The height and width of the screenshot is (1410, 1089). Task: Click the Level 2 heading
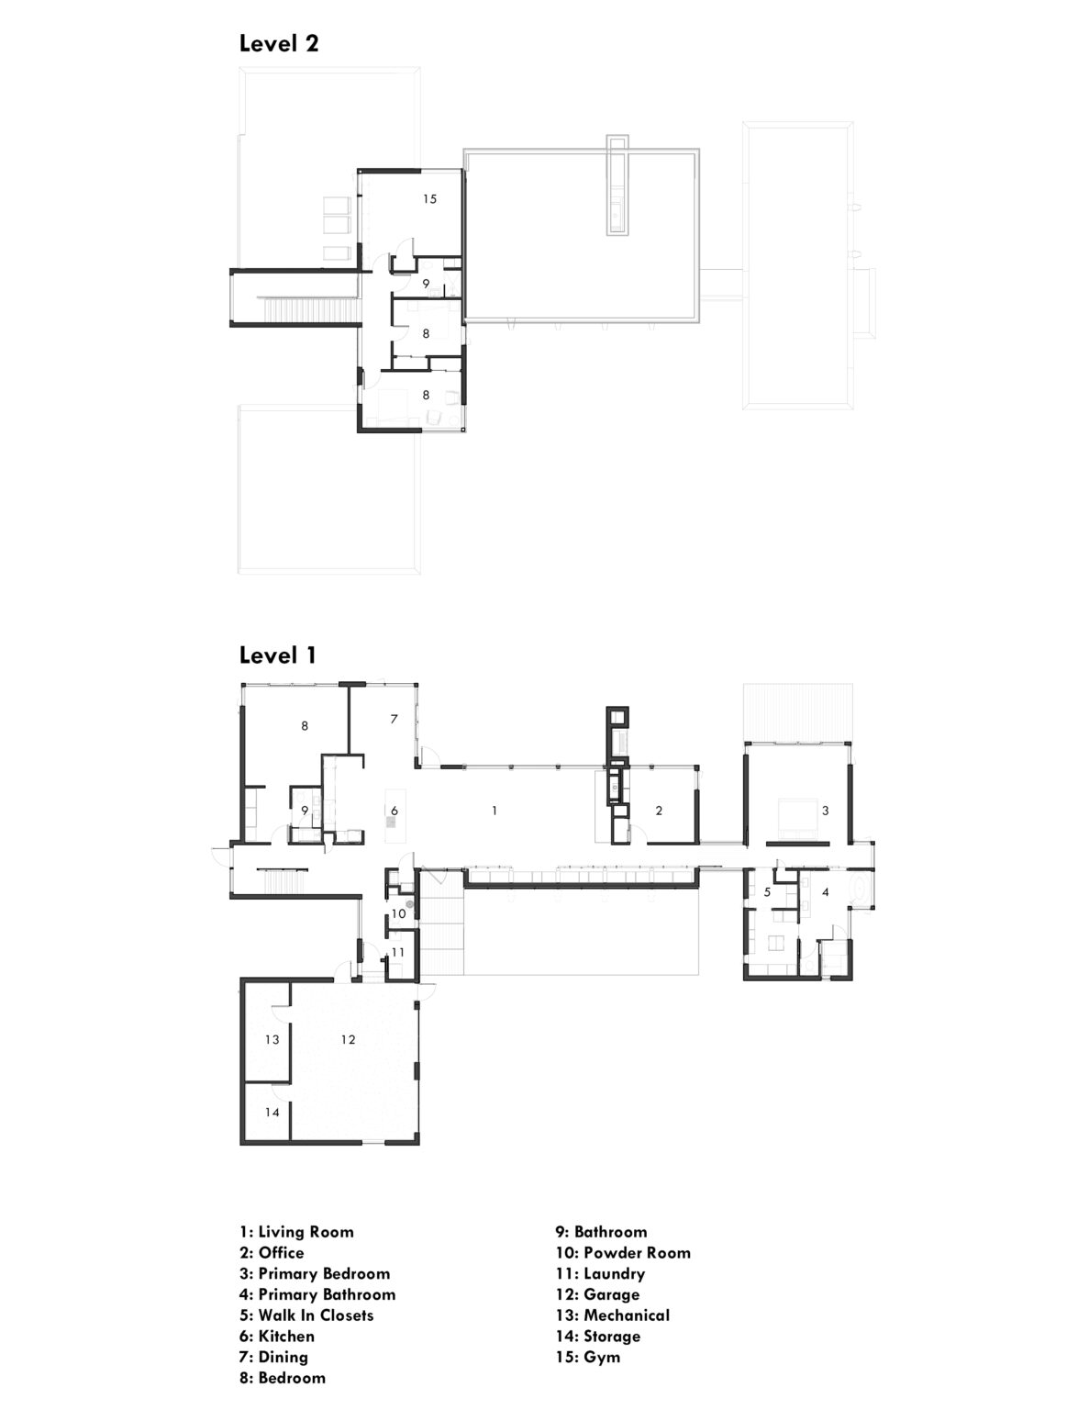click(x=279, y=43)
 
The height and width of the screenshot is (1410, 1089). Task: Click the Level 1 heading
click(x=278, y=655)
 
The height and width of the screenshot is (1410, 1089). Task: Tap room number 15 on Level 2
click(x=429, y=198)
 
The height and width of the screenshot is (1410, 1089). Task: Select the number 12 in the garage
click(x=348, y=1039)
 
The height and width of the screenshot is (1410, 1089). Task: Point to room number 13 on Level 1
click(x=272, y=1039)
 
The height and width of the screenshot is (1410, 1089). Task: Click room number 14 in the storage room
click(x=272, y=1112)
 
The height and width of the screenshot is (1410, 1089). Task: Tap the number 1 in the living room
click(x=494, y=811)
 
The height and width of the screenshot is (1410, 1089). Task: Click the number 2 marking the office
click(x=659, y=811)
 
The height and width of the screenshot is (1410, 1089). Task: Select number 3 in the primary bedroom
click(x=825, y=811)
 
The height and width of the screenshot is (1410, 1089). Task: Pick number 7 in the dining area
click(x=394, y=719)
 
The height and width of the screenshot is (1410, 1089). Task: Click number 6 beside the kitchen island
click(x=394, y=811)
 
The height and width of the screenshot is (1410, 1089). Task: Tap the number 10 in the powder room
click(x=398, y=913)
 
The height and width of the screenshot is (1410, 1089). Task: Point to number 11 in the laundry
click(x=397, y=953)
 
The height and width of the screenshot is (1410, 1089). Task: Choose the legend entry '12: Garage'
click(x=596, y=1294)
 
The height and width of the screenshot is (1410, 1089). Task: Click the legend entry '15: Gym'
click(x=587, y=1357)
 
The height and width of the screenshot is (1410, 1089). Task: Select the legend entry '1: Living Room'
click(x=296, y=1232)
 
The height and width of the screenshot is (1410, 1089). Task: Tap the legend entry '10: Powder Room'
click(x=622, y=1253)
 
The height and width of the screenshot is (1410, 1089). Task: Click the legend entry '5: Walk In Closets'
click(x=306, y=1315)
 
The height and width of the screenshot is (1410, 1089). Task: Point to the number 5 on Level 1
click(x=767, y=891)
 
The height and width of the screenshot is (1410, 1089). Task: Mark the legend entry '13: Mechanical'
click(x=612, y=1315)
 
